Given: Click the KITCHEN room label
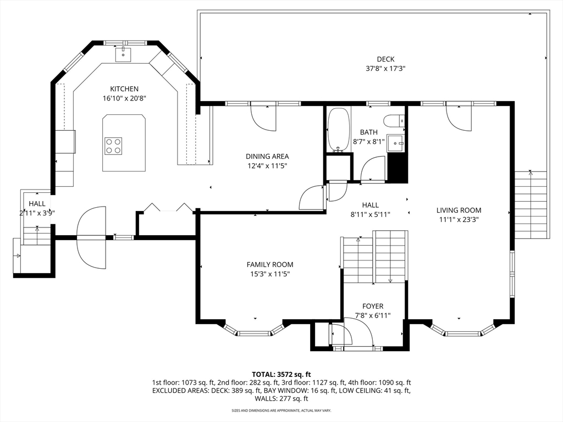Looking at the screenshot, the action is tap(124, 89).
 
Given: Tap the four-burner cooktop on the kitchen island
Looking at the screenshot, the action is tap(113, 146).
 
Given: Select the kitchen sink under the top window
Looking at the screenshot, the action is tap(123, 54).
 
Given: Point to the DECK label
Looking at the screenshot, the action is tap(385, 59).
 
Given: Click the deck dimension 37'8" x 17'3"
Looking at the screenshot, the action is tap(385, 69).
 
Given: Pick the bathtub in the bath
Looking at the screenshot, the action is tap(338, 130).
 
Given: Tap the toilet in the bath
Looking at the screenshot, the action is tap(394, 120).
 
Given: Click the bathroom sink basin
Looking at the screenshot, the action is tap(395, 143).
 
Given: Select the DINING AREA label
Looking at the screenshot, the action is tap(267, 157).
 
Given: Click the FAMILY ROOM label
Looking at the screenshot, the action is tap(270, 265).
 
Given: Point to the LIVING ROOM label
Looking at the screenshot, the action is tap(459, 210).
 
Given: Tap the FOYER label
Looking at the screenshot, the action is tap(373, 306).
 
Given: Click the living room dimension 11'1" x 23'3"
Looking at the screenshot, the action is tap(459, 220).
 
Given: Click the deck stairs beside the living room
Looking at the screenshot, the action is tap(531, 205).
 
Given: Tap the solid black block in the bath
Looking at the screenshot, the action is tap(398, 168).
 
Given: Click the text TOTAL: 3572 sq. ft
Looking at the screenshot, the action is tap(281, 375).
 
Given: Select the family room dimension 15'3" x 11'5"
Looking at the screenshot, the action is tap(270, 274).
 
